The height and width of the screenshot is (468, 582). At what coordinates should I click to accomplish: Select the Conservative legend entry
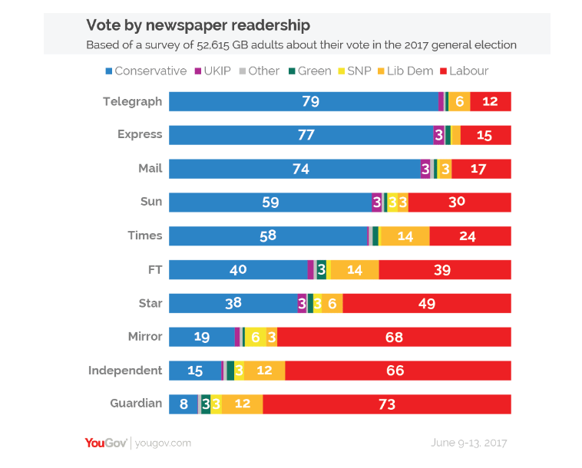[145, 71]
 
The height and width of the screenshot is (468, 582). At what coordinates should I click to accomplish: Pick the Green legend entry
[309, 71]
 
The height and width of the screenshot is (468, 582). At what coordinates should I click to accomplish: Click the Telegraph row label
[133, 101]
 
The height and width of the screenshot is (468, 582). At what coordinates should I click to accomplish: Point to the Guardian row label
[136, 404]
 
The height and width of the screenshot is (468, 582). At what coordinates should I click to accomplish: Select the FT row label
[154, 269]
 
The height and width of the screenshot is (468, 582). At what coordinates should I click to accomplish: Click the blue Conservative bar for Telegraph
[303, 101]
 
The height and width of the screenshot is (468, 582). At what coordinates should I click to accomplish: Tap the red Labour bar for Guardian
[386, 404]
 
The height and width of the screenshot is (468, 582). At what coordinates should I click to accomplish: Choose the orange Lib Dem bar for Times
[405, 236]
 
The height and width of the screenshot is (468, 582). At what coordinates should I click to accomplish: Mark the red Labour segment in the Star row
[427, 303]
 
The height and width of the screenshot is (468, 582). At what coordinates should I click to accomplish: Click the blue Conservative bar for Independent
[195, 371]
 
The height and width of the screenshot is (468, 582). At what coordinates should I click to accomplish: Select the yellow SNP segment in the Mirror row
[256, 337]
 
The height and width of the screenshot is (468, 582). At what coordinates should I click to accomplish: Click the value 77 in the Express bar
[306, 135]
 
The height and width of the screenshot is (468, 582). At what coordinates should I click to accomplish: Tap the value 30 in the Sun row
[457, 203]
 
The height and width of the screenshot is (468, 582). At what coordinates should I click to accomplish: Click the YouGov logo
[107, 443]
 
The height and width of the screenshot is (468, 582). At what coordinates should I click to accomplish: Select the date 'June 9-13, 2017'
[469, 443]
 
